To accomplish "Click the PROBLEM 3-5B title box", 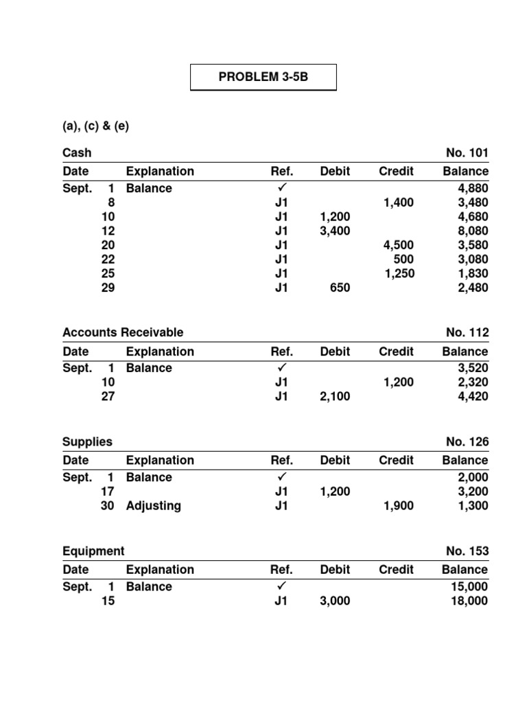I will point(263,77).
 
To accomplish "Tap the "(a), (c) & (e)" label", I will point(95,126).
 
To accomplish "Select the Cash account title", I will point(77,152).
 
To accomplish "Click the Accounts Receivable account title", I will point(123,332).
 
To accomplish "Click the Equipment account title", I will point(93,551).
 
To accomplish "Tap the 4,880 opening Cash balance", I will point(473,188).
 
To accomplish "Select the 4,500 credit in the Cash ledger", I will point(398,245).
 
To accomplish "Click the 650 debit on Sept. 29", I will point(340,288).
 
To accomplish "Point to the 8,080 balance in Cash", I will point(473,231).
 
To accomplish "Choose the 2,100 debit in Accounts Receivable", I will point(335,396).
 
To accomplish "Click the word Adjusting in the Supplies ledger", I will point(154,506).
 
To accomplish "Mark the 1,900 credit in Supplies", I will point(398,506).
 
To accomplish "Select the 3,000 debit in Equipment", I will point(335,601).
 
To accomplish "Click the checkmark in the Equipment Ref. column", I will point(281,586).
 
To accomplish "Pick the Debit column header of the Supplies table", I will point(335,460).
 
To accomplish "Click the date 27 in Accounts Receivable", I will point(108,396).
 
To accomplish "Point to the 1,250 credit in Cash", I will point(398,273).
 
